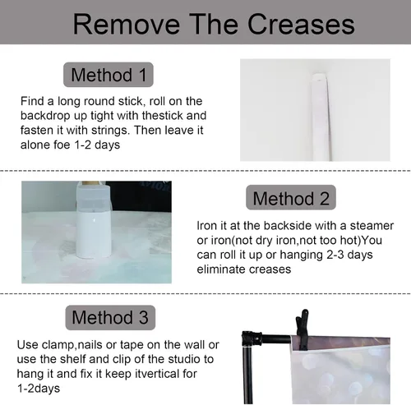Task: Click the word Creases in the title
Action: click(x=301, y=24)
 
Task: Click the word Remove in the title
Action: click(x=127, y=24)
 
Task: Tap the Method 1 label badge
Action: click(x=109, y=75)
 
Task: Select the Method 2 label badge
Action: click(x=291, y=197)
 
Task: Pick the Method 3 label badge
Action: click(x=110, y=317)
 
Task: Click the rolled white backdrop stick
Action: click(x=321, y=117)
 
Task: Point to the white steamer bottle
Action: click(x=93, y=220)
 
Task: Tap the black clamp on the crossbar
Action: click(x=302, y=330)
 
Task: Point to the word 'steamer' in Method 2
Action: click(x=372, y=226)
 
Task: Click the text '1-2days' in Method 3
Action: click(x=39, y=389)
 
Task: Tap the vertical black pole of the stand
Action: click(x=248, y=375)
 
